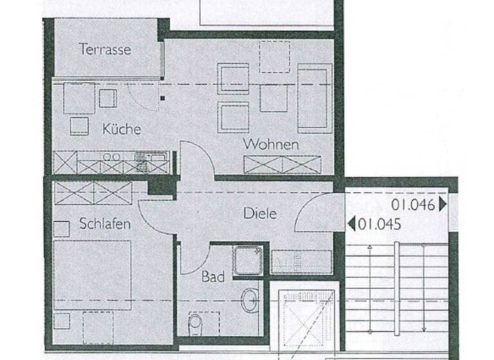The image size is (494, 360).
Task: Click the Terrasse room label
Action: point(105,49)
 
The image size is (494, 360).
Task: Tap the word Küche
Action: point(121,129)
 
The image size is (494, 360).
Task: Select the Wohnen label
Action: point(270,144)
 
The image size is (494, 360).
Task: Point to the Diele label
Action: point(260,213)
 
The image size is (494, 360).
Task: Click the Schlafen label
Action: point(105,224)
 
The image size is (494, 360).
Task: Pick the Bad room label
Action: point(213,277)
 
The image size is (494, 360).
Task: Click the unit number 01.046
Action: point(413,206)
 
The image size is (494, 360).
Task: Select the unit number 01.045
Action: point(380,224)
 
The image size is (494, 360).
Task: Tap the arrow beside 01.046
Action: point(443,206)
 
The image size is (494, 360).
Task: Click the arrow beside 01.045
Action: point(351,224)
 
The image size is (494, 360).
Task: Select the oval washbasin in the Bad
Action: point(249,300)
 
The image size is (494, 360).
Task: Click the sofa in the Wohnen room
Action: point(313,98)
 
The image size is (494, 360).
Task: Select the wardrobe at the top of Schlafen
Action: point(93,192)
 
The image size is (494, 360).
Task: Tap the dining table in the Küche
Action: point(78,98)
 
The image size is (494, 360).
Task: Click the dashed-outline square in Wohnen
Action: point(274,57)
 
